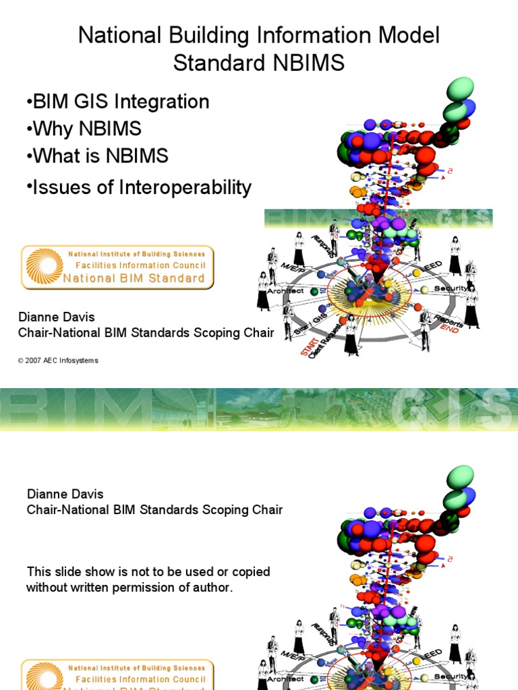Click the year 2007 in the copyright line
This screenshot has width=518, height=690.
click(35, 360)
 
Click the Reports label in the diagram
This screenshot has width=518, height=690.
click(449, 320)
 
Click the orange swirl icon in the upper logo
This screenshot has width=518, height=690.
click(45, 268)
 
